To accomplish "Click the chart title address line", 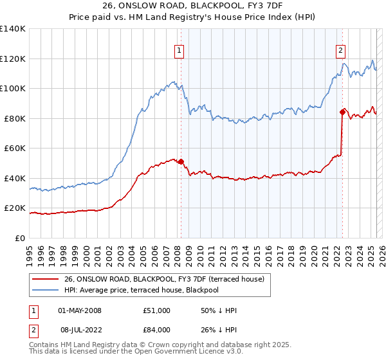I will (192, 6).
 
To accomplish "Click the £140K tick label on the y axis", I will (13, 29).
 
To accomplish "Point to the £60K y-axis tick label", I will (15, 148).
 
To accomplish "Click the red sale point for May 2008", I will (181, 162).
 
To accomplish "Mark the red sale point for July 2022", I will (342, 113).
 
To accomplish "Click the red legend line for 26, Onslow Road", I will (46, 278).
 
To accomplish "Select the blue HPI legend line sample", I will (46, 290).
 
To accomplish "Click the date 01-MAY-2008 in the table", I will (80, 310).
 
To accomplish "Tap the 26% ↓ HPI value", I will (219, 329).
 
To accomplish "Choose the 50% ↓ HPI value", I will (219, 310).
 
